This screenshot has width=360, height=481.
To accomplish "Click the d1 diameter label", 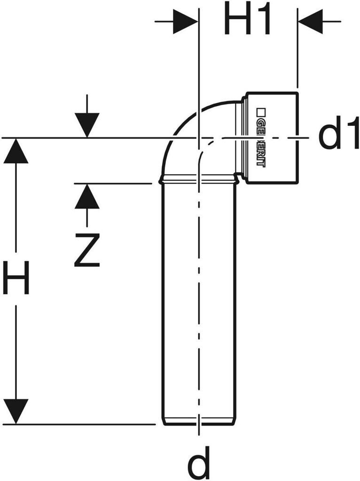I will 337,136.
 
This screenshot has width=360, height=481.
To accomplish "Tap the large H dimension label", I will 16,278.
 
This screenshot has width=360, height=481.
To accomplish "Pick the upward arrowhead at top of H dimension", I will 16,151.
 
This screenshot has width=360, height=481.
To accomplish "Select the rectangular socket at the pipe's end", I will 272,137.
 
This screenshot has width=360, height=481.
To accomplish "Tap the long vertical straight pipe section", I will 199,301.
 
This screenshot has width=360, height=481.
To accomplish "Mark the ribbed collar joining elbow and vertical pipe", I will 199,179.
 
